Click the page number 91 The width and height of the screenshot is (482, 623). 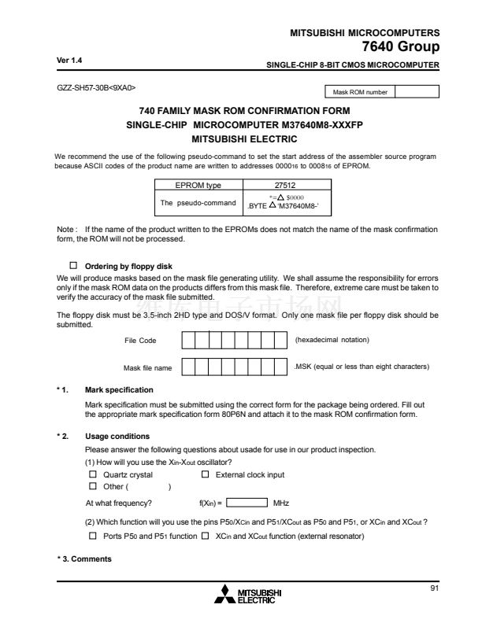coord(434,588)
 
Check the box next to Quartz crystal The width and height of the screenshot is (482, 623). coord(93,475)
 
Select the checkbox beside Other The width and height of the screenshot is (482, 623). coord(93,486)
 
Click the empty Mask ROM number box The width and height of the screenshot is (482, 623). coord(417,92)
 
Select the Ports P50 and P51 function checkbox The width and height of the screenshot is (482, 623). coord(93,536)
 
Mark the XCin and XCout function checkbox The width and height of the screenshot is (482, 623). coord(205,536)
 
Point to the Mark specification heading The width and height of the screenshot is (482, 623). coord(118,390)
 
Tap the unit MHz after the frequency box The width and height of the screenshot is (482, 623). coord(281,502)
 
